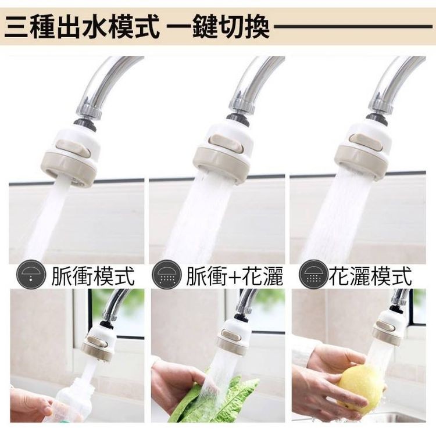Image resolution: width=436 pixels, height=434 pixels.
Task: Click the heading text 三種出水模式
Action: coord(81,27)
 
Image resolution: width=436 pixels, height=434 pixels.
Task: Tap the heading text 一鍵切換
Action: coord(219,27)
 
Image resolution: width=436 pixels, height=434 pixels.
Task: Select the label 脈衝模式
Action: coord(93,276)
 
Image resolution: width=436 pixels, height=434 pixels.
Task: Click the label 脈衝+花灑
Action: coord(234,276)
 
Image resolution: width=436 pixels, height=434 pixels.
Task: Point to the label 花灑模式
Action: coord(370,276)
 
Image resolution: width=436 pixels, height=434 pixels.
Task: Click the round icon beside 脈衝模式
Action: coord(31,275)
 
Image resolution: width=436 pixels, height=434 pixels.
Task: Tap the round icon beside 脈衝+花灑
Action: coord(167,275)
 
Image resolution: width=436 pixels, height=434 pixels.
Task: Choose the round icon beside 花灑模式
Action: coord(313,275)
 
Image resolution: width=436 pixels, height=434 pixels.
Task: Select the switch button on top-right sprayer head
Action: coord(365,142)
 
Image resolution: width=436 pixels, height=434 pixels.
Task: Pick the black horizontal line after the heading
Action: coord(353,27)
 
